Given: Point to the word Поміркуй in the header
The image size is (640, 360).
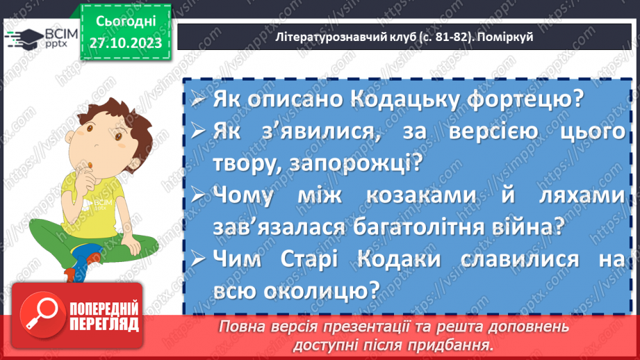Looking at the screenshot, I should [x=504, y=37].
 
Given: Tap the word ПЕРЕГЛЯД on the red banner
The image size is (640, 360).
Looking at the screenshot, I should [x=104, y=324].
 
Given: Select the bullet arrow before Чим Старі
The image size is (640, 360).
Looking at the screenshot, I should [x=198, y=259].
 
